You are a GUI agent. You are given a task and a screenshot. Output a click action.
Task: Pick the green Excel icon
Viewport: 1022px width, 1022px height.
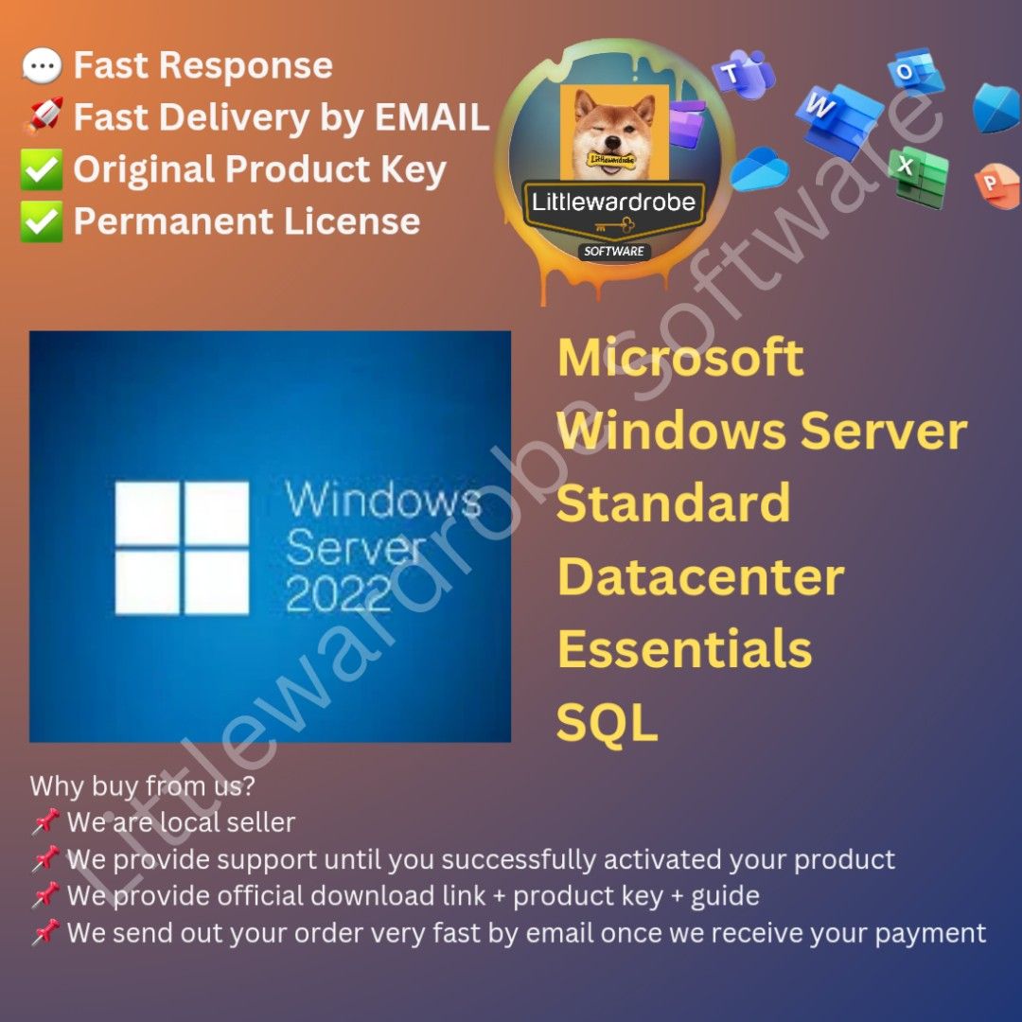click(x=917, y=176)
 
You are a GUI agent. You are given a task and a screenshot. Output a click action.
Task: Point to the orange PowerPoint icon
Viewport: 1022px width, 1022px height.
click(x=996, y=182)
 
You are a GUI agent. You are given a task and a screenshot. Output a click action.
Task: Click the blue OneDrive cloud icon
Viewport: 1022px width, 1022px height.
click(x=759, y=169)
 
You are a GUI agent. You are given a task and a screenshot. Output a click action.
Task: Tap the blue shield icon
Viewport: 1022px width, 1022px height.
click(x=998, y=107)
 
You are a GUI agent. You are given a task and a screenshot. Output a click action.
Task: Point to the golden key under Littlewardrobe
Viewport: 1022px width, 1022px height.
click(x=614, y=227)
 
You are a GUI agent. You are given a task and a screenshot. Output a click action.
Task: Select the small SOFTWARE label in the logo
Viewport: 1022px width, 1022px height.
click(x=613, y=252)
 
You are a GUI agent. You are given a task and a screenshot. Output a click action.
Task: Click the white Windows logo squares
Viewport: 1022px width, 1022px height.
click(x=182, y=548)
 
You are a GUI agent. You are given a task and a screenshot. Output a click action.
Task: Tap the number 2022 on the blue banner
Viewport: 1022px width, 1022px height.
click(x=338, y=594)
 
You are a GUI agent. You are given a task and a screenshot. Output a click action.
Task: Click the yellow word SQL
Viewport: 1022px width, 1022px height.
click(x=607, y=723)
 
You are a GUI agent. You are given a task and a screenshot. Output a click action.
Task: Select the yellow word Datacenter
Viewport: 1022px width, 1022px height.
click(x=700, y=576)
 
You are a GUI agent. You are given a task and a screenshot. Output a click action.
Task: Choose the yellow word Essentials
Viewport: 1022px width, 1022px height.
click(x=684, y=649)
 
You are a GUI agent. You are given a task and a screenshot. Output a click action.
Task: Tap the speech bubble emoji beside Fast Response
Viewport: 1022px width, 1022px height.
click(x=41, y=66)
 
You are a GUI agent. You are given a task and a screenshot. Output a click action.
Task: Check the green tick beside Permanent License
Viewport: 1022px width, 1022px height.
click(x=41, y=222)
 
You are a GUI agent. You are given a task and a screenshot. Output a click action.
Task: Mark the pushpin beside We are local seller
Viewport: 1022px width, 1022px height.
click(x=44, y=822)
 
